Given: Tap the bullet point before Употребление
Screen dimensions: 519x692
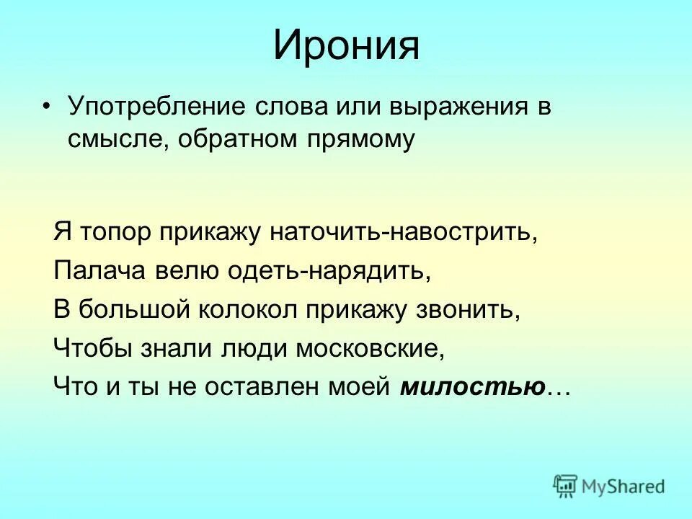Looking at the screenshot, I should pos(47,106).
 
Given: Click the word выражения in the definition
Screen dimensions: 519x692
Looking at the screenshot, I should pos(461,107).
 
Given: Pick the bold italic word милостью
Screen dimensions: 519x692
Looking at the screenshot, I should pos(473,387).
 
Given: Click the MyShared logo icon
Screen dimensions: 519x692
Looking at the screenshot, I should pos(566,486).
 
